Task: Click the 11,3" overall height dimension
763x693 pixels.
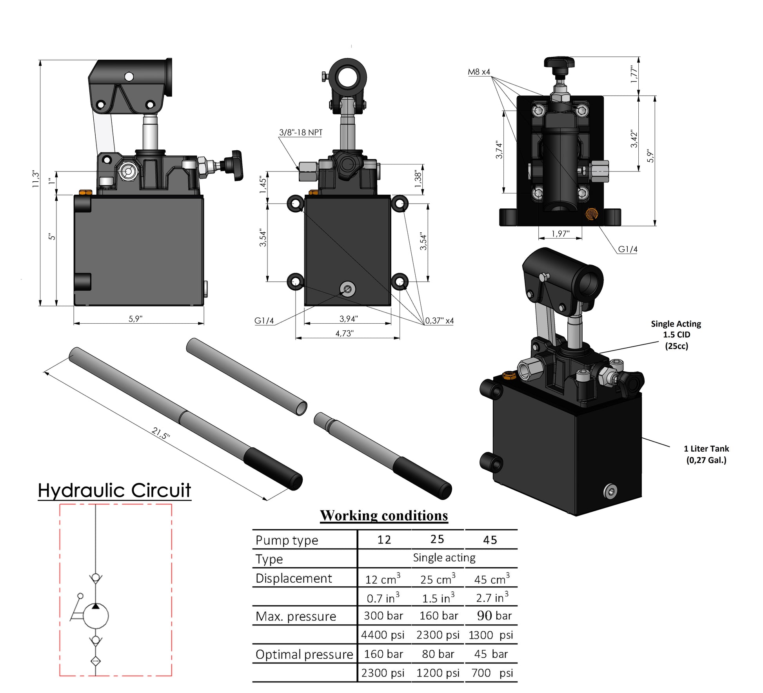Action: click(x=36, y=179)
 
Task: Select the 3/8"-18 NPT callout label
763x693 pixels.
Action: click(x=300, y=132)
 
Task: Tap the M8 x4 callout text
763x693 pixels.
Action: click(x=479, y=72)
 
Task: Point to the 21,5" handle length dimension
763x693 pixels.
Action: click(x=161, y=433)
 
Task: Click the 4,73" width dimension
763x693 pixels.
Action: click(x=344, y=333)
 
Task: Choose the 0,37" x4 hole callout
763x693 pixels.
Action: click(x=439, y=321)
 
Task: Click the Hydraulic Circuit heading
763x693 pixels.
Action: click(x=114, y=491)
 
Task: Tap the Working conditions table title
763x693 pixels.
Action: click(x=383, y=515)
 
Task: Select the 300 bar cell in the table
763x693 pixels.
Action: click(x=383, y=616)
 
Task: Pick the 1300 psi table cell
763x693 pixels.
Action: click(x=490, y=635)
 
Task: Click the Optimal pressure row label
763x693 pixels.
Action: click(x=304, y=654)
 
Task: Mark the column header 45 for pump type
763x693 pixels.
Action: click(x=490, y=540)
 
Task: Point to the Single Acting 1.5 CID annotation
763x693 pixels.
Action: click(x=676, y=334)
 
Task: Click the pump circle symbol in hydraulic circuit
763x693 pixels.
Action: click(x=96, y=616)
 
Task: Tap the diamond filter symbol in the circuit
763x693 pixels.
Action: click(x=95, y=661)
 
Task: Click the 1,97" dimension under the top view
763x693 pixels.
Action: click(x=560, y=234)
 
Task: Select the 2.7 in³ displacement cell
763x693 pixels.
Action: click(x=492, y=598)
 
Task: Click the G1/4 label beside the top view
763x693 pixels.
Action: click(x=627, y=249)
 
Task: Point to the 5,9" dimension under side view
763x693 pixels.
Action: click(x=135, y=319)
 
